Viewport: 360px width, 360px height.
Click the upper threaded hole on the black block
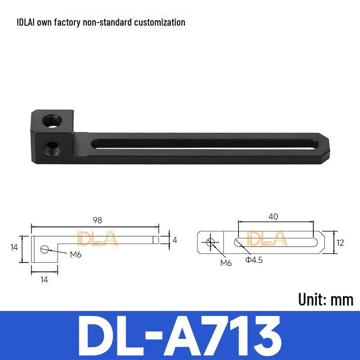52,121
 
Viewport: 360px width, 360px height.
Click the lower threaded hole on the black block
52,148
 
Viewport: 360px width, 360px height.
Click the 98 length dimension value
97,220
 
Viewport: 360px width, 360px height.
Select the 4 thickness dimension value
175,240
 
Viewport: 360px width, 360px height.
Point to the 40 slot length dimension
273,217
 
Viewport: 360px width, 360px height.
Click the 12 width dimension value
340,243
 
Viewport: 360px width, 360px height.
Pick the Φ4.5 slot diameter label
254,260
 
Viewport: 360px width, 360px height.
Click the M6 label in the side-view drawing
76,254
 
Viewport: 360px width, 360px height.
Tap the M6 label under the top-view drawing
226,263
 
